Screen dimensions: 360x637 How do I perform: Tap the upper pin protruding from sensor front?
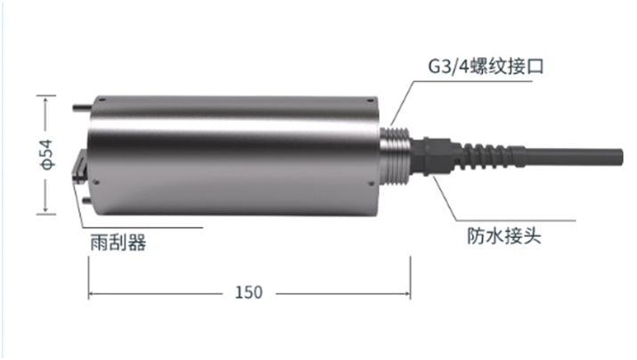click(x=78, y=109)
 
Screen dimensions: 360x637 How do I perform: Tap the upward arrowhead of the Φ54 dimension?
click(x=41, y=99)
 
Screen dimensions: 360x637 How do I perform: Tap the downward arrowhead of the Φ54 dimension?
click(x=41, y=212)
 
